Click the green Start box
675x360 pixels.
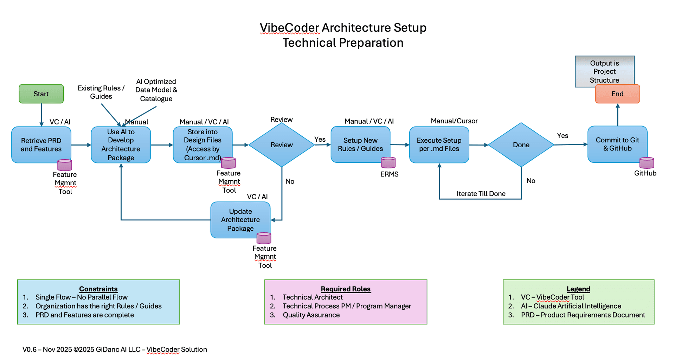click(x=41, y=94)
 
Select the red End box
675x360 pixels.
click(x=617, y=94)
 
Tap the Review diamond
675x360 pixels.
click(x=281, y=145)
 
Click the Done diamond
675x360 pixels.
click(x=521, y=145)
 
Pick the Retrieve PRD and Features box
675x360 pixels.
click(x=41, y=145)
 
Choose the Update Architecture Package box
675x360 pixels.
click(x=240, y=220)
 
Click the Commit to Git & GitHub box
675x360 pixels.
click(x=617, y=144)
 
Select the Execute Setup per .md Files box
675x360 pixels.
click(x=439, y=144)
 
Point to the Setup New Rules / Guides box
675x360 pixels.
click(x=360, y=144)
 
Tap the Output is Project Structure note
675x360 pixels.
click(x=604, y=71)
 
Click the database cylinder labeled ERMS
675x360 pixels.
click(x=388, y=163)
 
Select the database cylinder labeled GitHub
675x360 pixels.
click(x=647, y=163)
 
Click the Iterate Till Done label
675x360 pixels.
click(x=481, y=194)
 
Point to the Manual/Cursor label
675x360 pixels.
click(x=454, y=121)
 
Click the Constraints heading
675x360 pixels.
click(x=98, y=289)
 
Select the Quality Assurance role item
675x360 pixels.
click(x=311, y=315)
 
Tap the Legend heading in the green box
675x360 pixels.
click(x=578, y=289)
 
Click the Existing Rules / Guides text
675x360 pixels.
click(x=101, y=92)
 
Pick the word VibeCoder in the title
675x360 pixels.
click(x=289, y=28)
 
